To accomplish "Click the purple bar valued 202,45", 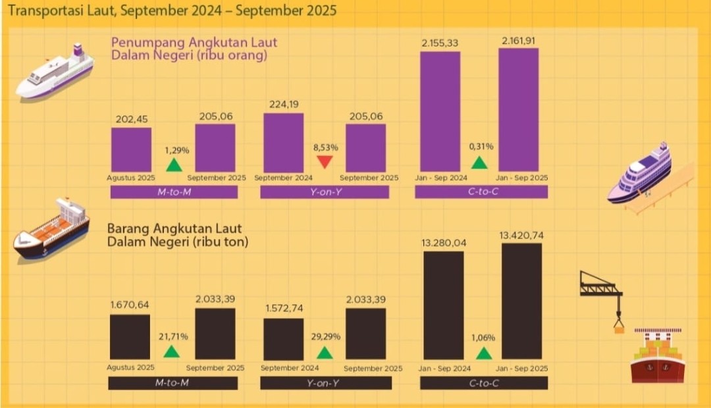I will tap(131, 149).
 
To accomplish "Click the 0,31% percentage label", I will tap(481, 146).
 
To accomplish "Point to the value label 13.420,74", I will tap(523, 235).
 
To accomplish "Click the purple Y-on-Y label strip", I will tap(325, 192).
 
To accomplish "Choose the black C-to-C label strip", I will tap(483, 382).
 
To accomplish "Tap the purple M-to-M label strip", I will tap(174, 192).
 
